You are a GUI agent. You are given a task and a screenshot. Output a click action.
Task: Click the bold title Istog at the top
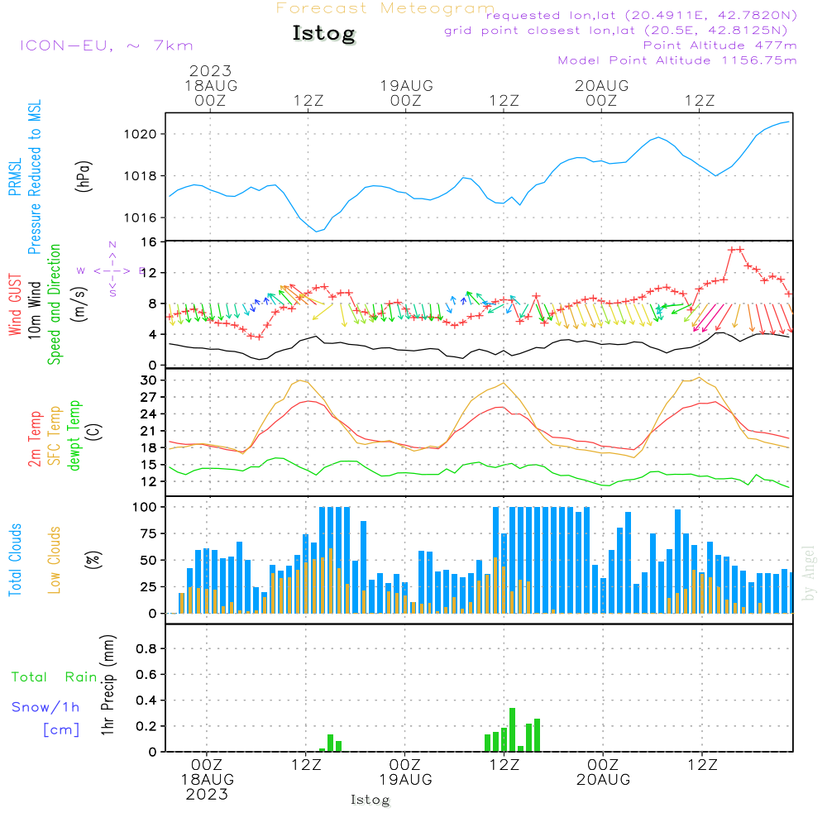coord(323,34)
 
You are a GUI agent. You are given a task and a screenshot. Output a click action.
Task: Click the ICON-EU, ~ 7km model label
coord(106,45)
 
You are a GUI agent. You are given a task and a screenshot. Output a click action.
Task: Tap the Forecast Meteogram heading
coord(385,8)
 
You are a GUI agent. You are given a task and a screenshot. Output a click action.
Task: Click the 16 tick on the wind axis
coord(151,241)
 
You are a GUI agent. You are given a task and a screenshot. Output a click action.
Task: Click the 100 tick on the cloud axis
coord(146,507)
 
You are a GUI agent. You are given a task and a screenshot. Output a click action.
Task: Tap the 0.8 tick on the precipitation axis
coord(146,649)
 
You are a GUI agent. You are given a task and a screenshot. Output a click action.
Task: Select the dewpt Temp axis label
coord(74,436)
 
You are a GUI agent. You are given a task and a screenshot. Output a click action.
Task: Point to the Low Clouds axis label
coord(55,560)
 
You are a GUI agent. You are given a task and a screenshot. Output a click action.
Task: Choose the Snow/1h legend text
coord(45,707)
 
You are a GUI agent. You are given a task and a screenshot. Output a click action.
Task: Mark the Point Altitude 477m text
coord(719,45)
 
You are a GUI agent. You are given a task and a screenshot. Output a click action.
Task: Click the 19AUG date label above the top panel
coord(407,85)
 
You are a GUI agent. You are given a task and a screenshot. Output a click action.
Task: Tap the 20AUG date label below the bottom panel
coord(604,780)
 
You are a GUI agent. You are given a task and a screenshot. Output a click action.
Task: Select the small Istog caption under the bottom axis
coord(370,800)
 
